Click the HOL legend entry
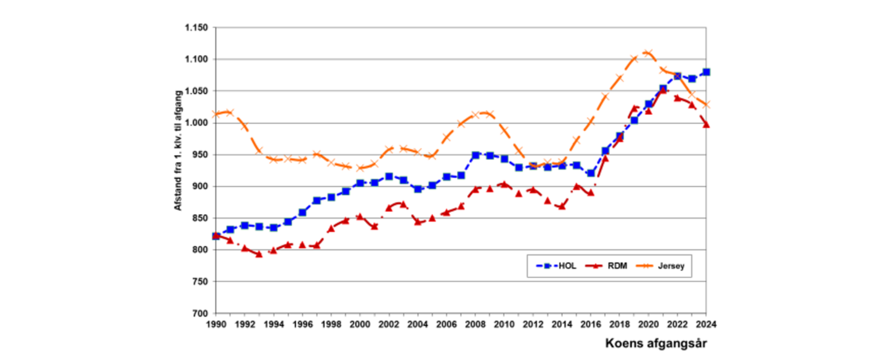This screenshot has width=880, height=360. pos(556,266)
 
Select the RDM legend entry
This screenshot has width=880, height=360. pos(606,266)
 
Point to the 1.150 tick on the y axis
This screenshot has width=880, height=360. pos(196,27)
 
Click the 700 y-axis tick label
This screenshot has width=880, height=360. pos(200,313)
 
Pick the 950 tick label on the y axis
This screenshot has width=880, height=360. pos(200,154)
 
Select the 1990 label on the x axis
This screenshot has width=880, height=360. pos(216,324)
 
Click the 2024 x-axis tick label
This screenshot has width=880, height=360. pos(706,324)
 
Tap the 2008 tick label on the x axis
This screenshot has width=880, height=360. pos(476,324)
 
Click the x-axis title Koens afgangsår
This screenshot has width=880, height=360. pos(656,343)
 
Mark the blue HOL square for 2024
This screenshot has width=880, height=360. pos(706,72)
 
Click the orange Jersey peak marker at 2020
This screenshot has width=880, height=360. pos(649,53)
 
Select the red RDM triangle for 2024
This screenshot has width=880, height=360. pos(706,125)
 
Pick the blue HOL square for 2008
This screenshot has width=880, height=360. pos(476,155)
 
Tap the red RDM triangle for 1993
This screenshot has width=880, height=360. pos(259,254)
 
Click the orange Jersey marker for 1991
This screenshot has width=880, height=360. pos(230,112)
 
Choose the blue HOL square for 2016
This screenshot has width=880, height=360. pos(591,173)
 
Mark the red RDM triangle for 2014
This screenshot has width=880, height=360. pos(562,206)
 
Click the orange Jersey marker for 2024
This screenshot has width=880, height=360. pos(706,105)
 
